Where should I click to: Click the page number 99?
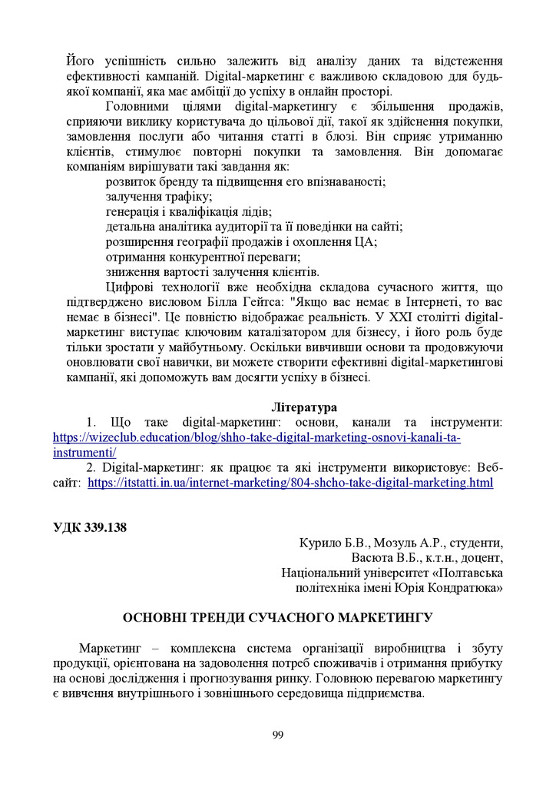coord(278,735)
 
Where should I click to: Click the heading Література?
coord(303,407)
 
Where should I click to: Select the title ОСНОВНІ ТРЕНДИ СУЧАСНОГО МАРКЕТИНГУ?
coord(278,617)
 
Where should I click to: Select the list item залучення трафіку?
coord(159,197)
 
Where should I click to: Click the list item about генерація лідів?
coord(188,211)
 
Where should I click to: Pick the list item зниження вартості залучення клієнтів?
coord(212,272)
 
